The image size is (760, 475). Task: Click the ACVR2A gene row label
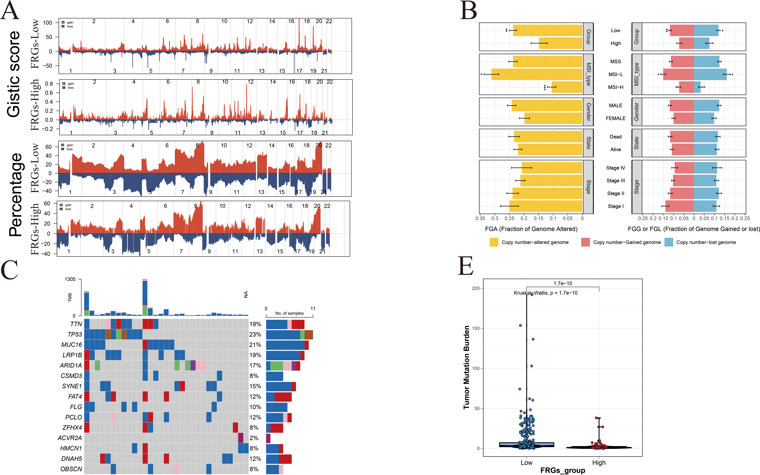[70, 438]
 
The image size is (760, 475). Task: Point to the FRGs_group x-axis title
[563, 470]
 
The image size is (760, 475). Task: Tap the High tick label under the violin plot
[599, 462]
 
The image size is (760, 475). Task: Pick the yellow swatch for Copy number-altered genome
[494, 242]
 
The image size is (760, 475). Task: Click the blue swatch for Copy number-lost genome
[669, 242]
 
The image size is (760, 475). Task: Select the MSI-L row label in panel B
[616, 74]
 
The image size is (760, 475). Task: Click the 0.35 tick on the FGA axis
[480, 218]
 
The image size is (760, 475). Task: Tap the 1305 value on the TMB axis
[70, 279]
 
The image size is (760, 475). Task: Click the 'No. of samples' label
[289, 313]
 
